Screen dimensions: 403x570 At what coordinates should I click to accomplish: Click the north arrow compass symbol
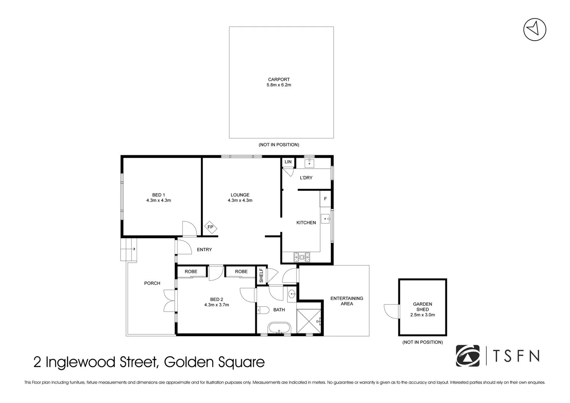pyautogui.click(x=535, y=29)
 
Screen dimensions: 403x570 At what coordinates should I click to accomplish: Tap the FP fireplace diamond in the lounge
pyautogui.click(x=210, y=227)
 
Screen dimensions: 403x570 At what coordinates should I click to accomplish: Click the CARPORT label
pyautogui.click(x=278, y=79)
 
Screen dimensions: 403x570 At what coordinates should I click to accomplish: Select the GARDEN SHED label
pyautogui.click(x=423, y=307)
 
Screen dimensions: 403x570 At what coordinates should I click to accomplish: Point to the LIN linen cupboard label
pyautogui.click(x=288, y=162)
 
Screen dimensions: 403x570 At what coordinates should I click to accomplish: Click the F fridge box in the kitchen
pyautogui.click(x=326, y=199)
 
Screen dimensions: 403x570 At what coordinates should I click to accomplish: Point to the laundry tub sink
pyautogui.click(x=309, y=163)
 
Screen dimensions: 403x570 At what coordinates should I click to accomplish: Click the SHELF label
pyautogui.click(x=261, y=276)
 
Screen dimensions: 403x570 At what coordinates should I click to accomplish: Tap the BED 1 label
pyautogui.click(x=158, y=195)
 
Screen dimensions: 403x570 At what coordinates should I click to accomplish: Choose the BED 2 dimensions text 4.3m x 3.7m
pyautogui.click(x=217, y=305)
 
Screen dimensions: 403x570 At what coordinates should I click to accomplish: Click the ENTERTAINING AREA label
pyautogui.click(x=347, y=301)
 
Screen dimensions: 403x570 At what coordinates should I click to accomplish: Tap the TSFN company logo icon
pyautogui.click(x=468, y=356)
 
